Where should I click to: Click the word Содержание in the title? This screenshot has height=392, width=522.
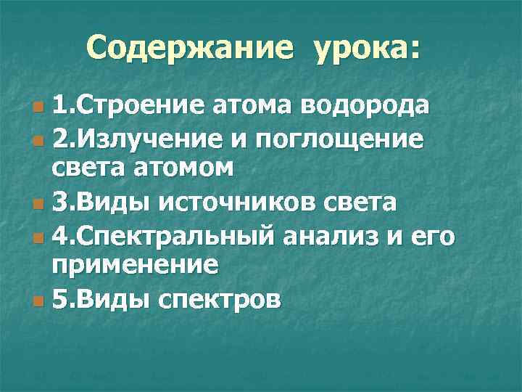[x=190, y=49]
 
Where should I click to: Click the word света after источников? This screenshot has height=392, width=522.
[x=360, y=203]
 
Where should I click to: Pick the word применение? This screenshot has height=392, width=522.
[x=134, y=266]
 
